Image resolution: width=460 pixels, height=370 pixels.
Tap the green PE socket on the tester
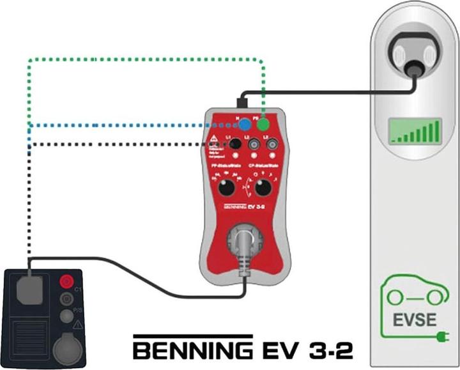263,125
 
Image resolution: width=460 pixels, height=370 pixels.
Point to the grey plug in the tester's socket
244,247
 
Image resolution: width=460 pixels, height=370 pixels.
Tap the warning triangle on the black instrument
77,325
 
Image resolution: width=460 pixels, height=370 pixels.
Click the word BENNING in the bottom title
192,350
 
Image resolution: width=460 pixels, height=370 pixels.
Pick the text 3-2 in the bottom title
325,350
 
